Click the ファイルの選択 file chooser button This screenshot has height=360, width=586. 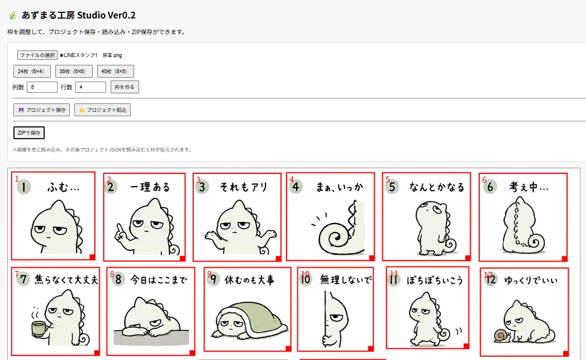37,55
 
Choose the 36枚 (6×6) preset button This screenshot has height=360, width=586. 74,71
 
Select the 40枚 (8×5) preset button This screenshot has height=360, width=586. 116,71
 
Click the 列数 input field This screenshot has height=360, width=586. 42,87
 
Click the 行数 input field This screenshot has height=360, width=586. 91,87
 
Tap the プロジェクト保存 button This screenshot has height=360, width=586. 41,110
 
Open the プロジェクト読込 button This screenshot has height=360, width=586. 102,110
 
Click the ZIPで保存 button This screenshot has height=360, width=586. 29,132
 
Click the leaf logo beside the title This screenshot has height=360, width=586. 13,15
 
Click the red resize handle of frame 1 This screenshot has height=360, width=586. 92,257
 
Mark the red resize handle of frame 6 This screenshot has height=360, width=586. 564,258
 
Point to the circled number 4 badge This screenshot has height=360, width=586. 296,187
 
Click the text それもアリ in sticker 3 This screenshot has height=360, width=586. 244,187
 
